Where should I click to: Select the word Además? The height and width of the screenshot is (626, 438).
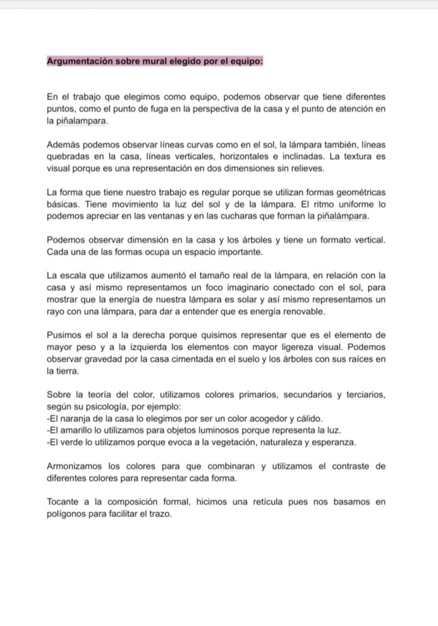(63, 144)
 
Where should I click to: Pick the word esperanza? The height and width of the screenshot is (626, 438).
(335, 442)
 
